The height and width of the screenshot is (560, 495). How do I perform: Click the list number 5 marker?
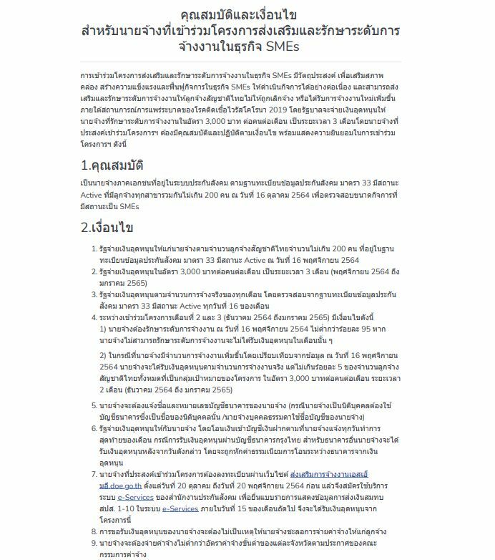click(95, 405)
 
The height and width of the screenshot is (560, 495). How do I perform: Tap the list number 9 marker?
click(95, 543)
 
